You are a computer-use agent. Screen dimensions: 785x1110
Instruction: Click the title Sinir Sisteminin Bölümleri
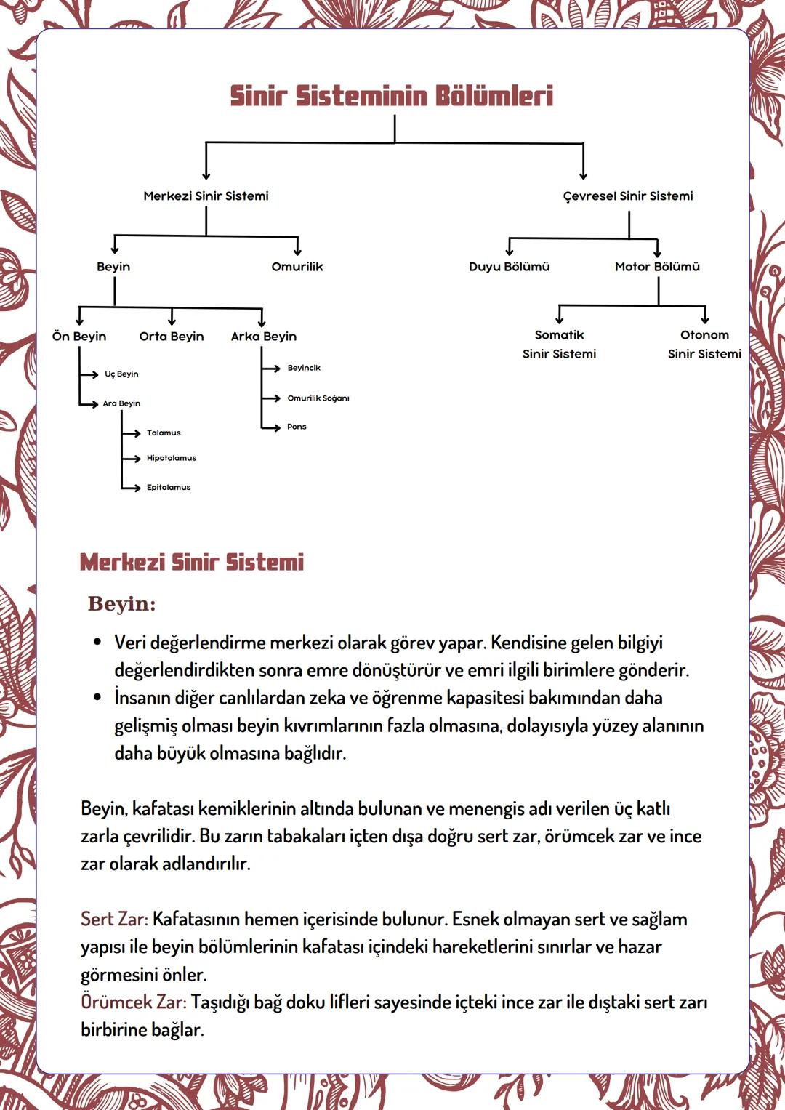[x=392, y=96]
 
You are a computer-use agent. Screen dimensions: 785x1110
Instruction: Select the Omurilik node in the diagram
[x=297, y=267]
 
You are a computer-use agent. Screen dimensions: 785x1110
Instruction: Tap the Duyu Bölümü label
[x=509, y=267]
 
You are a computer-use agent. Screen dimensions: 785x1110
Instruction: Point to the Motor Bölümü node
[x=657, y=267]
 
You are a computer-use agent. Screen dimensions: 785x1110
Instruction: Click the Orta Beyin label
[x=172, y=337]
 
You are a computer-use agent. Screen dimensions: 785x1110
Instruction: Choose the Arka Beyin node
[x=264, y=337]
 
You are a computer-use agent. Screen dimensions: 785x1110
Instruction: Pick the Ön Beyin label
[x=79, y=337]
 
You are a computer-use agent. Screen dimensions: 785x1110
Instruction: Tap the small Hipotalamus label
[x=172, y=458]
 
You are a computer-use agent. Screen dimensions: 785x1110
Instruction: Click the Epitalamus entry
[x=169, y=488]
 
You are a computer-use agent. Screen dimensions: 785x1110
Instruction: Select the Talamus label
[x=164, y=433]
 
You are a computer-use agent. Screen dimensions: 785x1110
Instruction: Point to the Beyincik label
[x=304, y=368]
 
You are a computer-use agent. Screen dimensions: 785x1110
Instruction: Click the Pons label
[x=297, y=427]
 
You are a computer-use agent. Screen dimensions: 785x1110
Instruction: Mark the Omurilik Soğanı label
[x=318, y=398]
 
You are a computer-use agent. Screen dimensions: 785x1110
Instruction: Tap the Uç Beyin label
[x=121, y=374]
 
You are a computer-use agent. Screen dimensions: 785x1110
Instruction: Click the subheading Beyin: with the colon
[x=121, y=604]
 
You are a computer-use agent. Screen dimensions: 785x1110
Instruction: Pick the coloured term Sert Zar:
[x=114, y=920]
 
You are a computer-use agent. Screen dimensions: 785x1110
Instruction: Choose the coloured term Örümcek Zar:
[x=133, y=1002]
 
